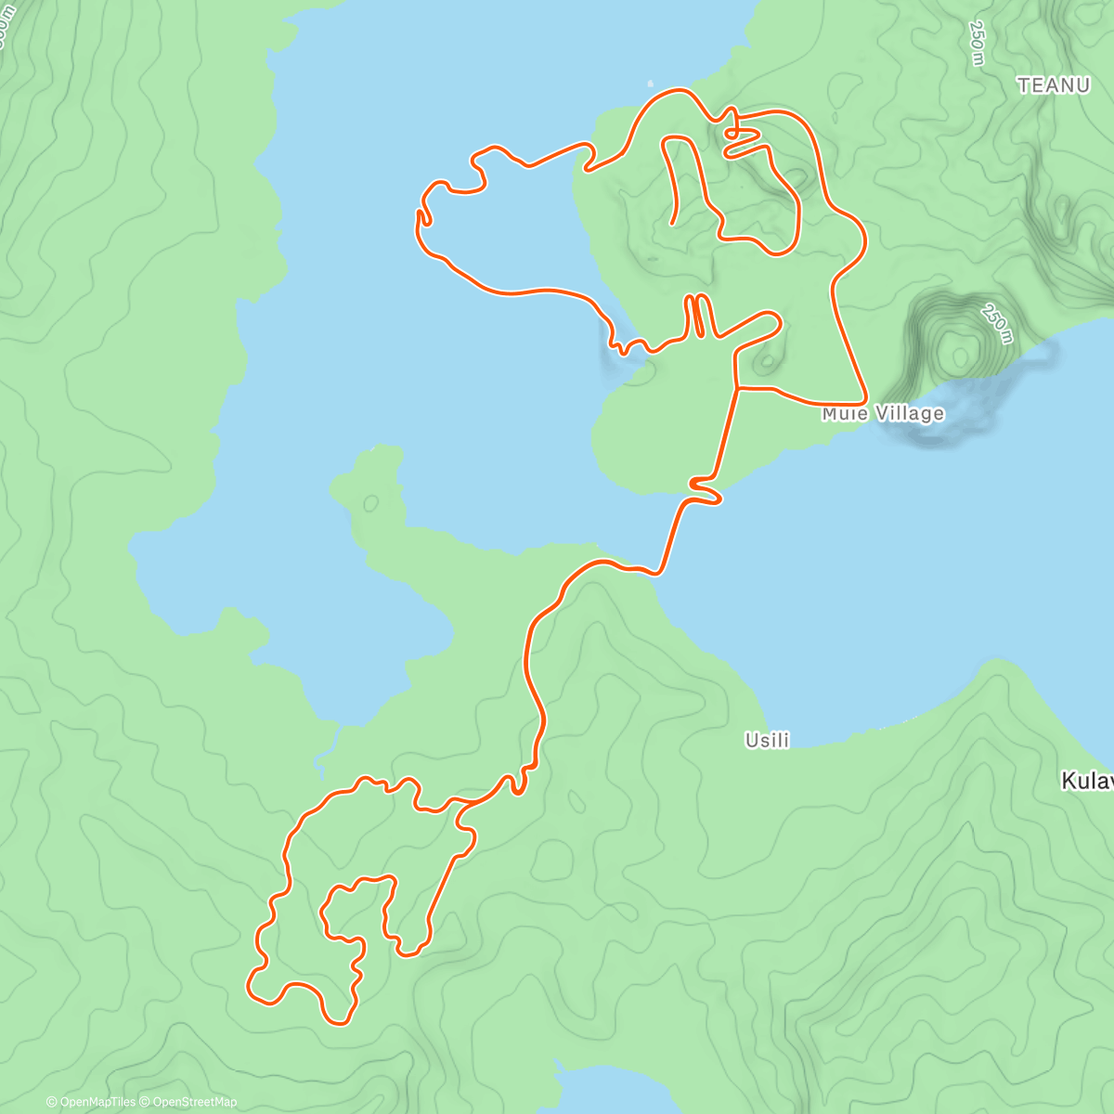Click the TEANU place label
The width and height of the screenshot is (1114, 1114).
(1053, 85)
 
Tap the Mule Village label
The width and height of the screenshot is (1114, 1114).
(883, 413)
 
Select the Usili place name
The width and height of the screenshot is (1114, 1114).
(767, 740)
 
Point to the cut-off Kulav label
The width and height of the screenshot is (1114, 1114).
(1088, 782)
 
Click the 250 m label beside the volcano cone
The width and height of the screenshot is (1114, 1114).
(994, 323)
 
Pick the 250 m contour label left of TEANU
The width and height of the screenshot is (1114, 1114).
(977, 44)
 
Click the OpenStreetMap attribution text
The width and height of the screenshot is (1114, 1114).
(195, 1102)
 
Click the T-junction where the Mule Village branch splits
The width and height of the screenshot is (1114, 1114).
(737, 387)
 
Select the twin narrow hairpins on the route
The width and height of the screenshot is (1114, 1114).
(697, 316)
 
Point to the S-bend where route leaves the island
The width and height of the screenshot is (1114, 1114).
(706, 492)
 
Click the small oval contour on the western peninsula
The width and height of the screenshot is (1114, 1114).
(371, 503)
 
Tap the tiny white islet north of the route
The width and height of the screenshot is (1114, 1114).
(650, 83)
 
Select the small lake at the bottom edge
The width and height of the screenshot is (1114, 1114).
(603, 1091)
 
